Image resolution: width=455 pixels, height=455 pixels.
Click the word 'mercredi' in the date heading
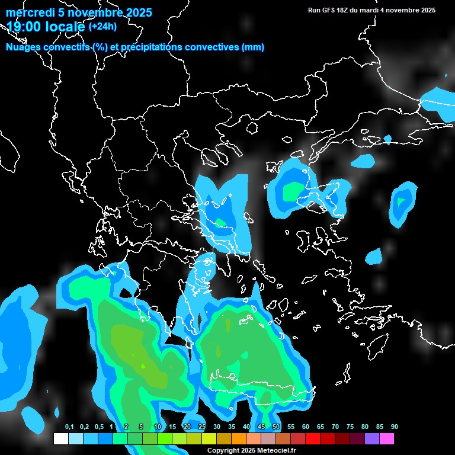pyautogui.click(x=27, y=12)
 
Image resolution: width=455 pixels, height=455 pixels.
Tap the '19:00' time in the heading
pyautogui.click(x=22, y=27)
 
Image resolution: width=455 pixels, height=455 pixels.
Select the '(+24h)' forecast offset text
pyautogui.click(x=102, y=26)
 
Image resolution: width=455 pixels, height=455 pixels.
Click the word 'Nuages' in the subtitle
pyautogui.click(x=23, y=47)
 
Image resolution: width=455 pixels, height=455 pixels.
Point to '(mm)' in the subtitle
pyautogui.click(x=253, y=47)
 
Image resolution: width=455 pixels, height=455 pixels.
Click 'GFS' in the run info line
pyautogui.click(x=325, y=10)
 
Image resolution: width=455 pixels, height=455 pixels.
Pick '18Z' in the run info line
pyautogui.click(x=342, y=10)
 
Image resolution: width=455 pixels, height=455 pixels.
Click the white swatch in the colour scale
pyautogui.click(x=60, y=439)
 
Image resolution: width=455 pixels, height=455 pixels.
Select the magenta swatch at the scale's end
pyautogui.click(x=386, y=439)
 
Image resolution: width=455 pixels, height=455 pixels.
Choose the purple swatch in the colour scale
pyautogui.click(x=371, y=439)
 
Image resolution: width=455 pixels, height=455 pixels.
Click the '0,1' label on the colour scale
pyautogui.click(x=69, y=427)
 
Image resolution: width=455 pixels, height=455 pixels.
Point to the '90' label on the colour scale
pyautogui.click(x=395, y=427)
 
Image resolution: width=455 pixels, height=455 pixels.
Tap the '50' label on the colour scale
pyautogui.click(x=276, y=427)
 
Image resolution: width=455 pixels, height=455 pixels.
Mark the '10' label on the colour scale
pyautogui.click(x=158, y=427)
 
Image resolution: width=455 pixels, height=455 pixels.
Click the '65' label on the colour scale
pyautogui.click(x=321, y=427)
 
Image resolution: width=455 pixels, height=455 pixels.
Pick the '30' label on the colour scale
pyautogui.click(x=217, y=427)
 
